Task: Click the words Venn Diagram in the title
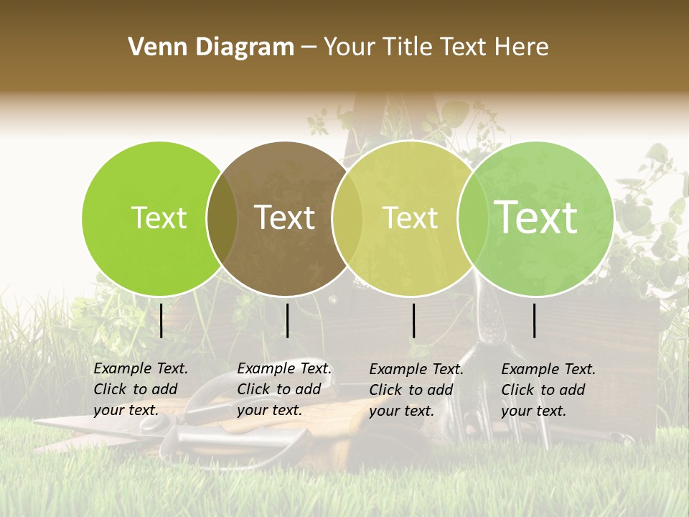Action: (x=211, y=47)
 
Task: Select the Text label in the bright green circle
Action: (x=159, y=218)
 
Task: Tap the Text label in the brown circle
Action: (x=285, y=218)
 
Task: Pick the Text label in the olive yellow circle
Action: (x=410, y=218)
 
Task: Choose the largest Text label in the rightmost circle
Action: (x=536, y=217)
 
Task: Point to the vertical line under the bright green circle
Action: (x=161, y=320)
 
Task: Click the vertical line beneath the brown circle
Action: (x=287, y=320)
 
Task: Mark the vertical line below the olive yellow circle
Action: (x=413, y=320)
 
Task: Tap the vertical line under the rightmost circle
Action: (x=535, y=320)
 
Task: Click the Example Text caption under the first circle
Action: (x=141, y=389)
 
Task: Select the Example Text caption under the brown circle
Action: (x=284, y=389)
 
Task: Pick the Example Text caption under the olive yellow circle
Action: (x=416, y=390)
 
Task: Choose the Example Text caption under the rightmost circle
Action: (x=548, y=390)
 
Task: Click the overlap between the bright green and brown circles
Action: (x=222, y=218)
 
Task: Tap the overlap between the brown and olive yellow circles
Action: (x=347, y=218)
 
